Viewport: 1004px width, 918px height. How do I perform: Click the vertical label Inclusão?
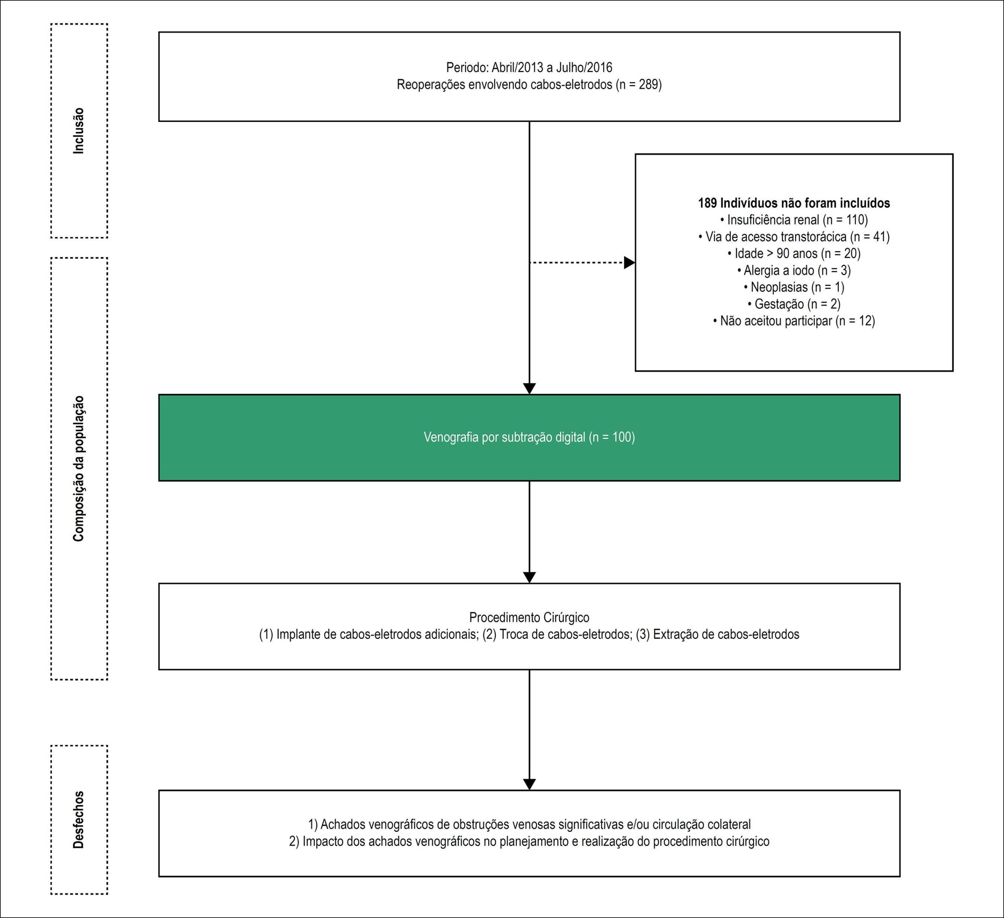(79, 131)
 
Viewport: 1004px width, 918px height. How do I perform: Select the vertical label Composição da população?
(79, 469)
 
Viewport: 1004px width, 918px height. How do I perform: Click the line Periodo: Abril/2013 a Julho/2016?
(529, 68)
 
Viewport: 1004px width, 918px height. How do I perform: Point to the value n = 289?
(639, 85)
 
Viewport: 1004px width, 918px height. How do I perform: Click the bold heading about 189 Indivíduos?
(794, 203)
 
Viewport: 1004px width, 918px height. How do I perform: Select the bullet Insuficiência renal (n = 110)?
(794, 220)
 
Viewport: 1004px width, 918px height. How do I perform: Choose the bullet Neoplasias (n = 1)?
(794, 287)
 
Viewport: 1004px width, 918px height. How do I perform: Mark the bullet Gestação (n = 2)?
(794, 304)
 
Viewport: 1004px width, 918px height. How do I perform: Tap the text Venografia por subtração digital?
(504, 437)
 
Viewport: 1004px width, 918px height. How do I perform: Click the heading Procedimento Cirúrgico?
(529, 618)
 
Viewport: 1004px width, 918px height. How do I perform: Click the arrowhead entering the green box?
(529, 389)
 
